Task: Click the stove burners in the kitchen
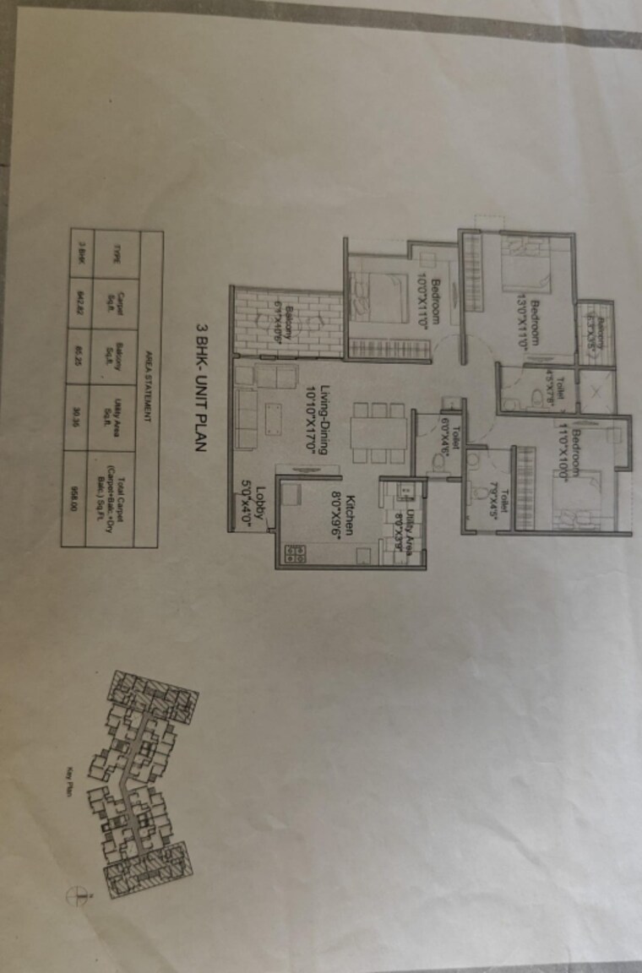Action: pos(296,552)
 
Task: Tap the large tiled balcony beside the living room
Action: pos(288,322)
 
